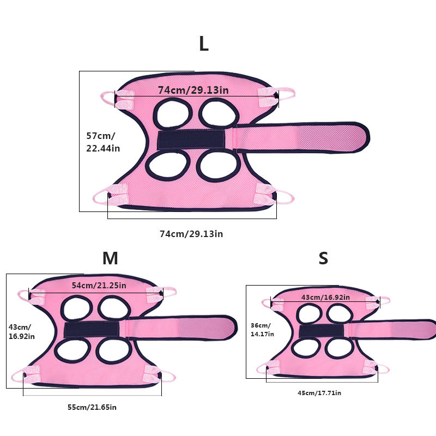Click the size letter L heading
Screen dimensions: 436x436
[203, 44]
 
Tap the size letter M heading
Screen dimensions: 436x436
[110, 258]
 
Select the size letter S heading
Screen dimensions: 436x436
[323, 258]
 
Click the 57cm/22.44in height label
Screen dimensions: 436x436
[103, 141]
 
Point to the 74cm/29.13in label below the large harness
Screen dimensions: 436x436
[191, 234]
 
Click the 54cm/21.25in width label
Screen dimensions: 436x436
[99, 285]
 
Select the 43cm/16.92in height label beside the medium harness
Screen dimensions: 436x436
[20, 332]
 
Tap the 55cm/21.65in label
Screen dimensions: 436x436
[92, 407]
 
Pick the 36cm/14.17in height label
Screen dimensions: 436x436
[262, 329]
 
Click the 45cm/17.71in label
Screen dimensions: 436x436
[319, 393]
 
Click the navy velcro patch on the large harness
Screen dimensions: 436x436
[191, 140]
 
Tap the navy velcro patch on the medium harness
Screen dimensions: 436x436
[92, 329]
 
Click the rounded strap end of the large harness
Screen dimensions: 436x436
[357, 137]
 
